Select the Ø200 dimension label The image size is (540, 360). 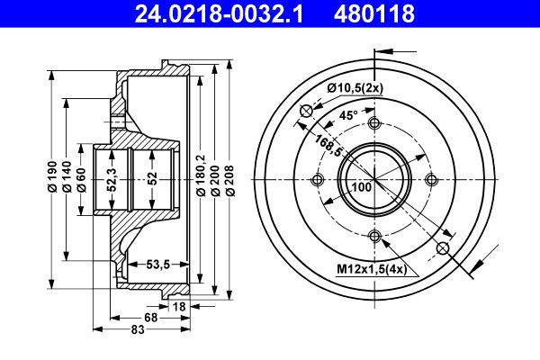[x=216, y=177]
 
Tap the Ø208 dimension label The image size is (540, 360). [x=230, y=177]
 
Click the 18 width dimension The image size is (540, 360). [x=178, y=307]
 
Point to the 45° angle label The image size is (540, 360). [x=349, y=114]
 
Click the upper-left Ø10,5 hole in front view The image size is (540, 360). [x=305, y=110]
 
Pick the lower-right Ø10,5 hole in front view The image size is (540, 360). [x=442, y=247]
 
